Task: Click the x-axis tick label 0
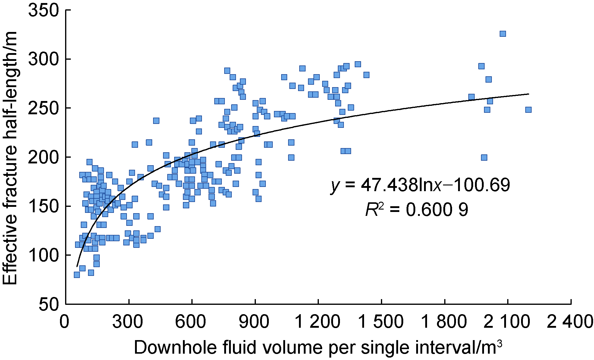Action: [x=64, y=322]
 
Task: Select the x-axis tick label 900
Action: [x=254, y=322]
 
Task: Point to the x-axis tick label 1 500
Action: [x=381, y=322]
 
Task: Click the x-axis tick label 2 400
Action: [x=570, y=322]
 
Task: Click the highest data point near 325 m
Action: [x=503, y=34]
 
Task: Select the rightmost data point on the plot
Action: [x=528, y=110]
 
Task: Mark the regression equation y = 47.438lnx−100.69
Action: [x=421, y=185]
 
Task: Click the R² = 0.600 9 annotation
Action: [x=417, y=210]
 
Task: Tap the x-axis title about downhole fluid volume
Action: [x=318, y=348]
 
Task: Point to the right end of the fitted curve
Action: [x=528, y=94]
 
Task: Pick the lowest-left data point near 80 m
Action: [x=77, y=275]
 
